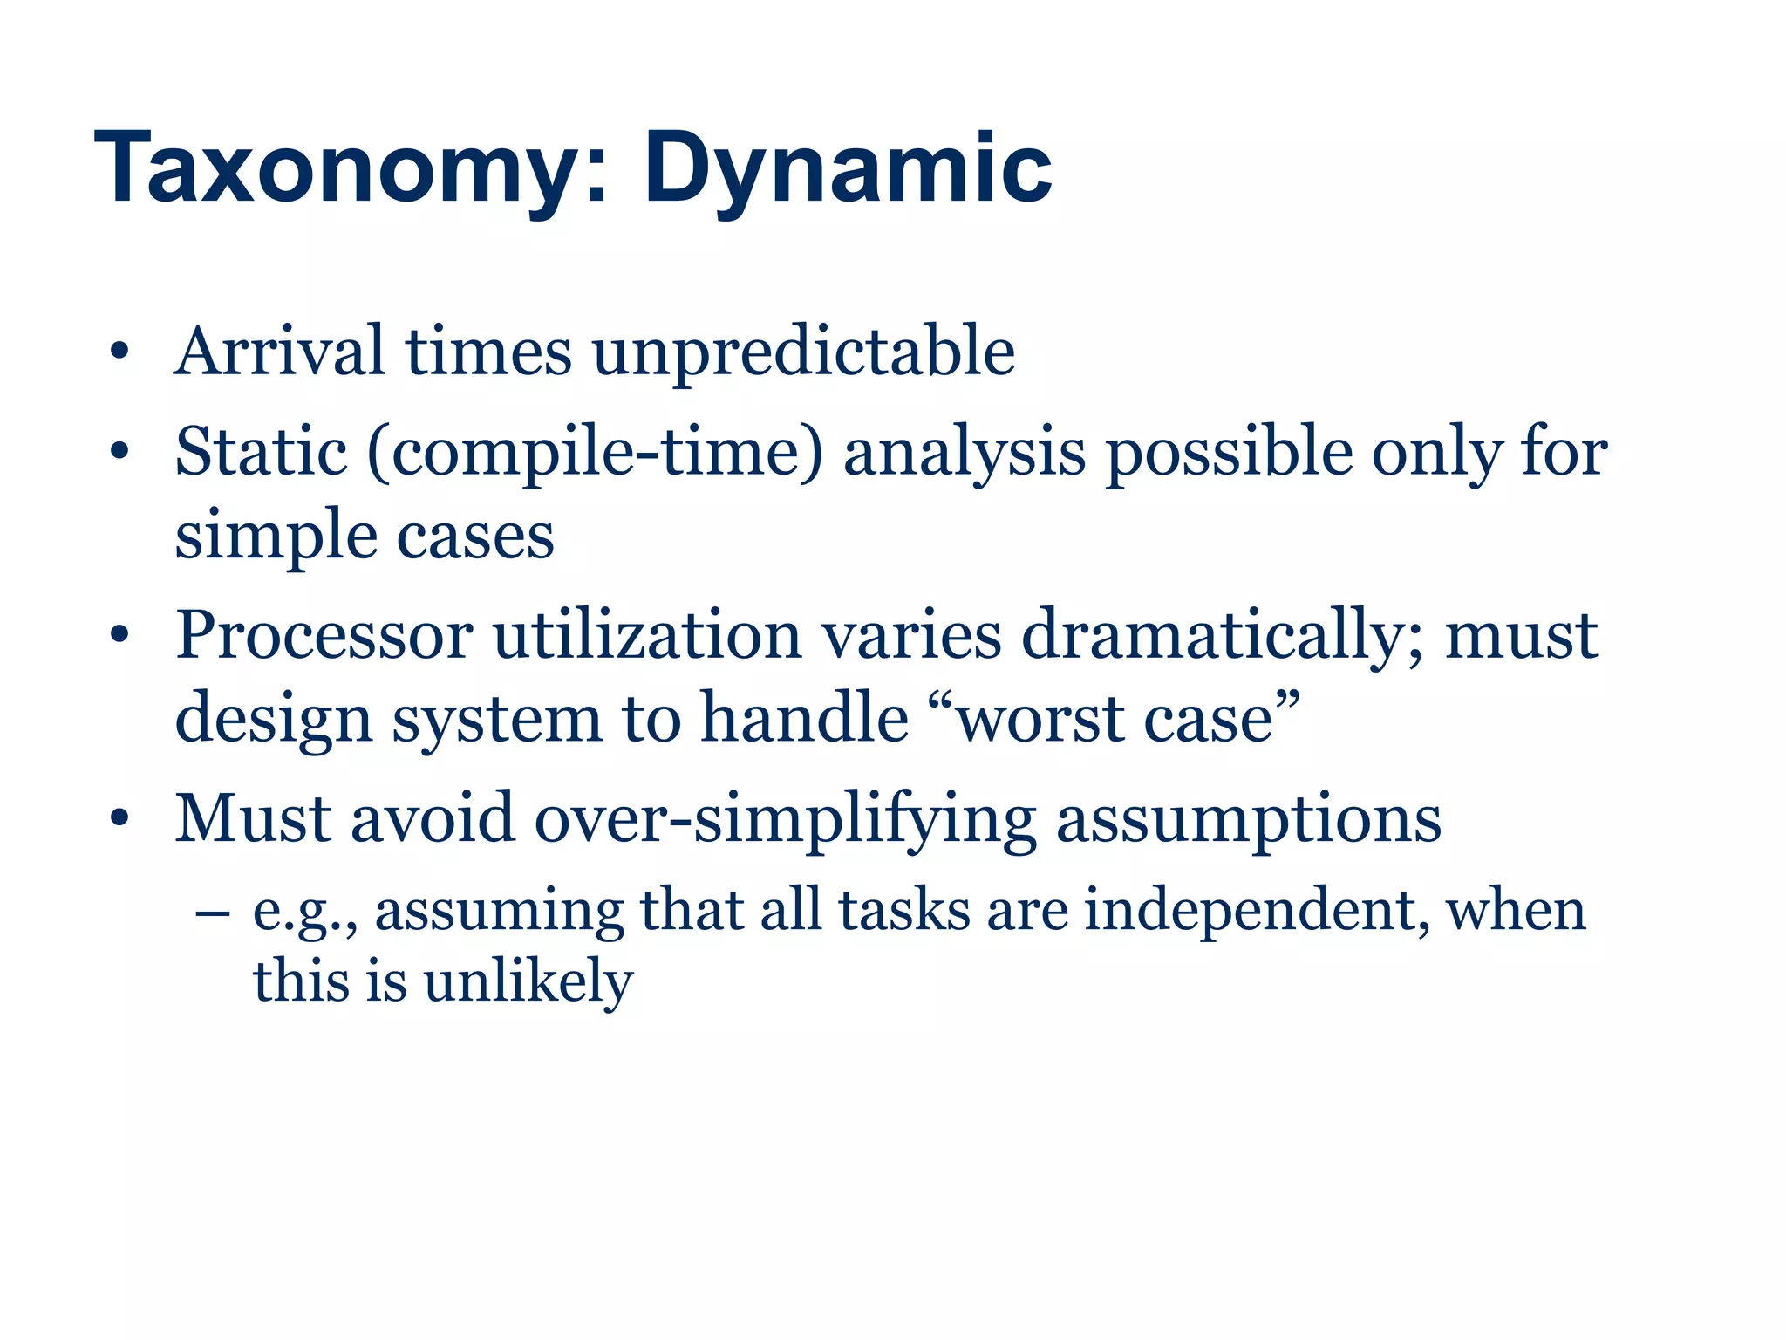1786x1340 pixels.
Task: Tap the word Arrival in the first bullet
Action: (279, 352)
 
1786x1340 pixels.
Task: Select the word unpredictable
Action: (803, 353)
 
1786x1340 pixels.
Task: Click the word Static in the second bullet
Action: (261, 453)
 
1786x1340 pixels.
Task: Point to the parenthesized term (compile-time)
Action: (595, 454)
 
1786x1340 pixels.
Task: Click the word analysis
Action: (964, 454)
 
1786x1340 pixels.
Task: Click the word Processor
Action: (324, 635)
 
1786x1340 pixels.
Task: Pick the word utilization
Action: (647, 635)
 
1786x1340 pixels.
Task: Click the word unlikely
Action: (528, 982)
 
